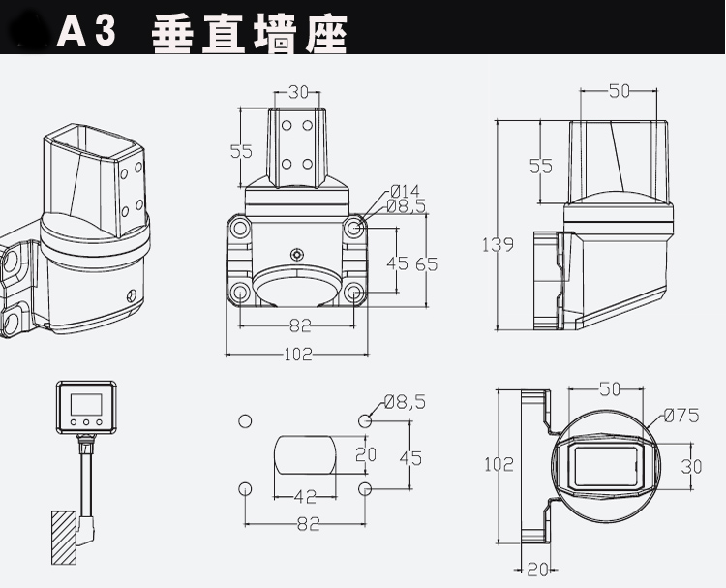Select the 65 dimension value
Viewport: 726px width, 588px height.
click(427, 263)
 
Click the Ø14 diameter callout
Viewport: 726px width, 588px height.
click(405, 190)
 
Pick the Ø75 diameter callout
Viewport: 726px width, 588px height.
click(681, 417)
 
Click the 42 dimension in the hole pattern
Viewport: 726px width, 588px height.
click(305, 496)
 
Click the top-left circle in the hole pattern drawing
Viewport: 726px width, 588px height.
click(245, 420)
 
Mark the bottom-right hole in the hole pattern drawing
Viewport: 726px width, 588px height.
click(366, 487)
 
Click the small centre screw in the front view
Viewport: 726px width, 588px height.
click(296, 253)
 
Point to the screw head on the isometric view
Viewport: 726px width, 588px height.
click(132, 296)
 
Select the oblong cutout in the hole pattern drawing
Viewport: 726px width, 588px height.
click(305, 454)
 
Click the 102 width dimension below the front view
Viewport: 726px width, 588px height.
click(298, 355)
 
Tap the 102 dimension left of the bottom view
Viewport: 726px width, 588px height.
click(498, 464)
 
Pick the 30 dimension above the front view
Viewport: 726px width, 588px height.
click(298, 92)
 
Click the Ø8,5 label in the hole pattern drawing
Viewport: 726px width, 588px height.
click(405, 401)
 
